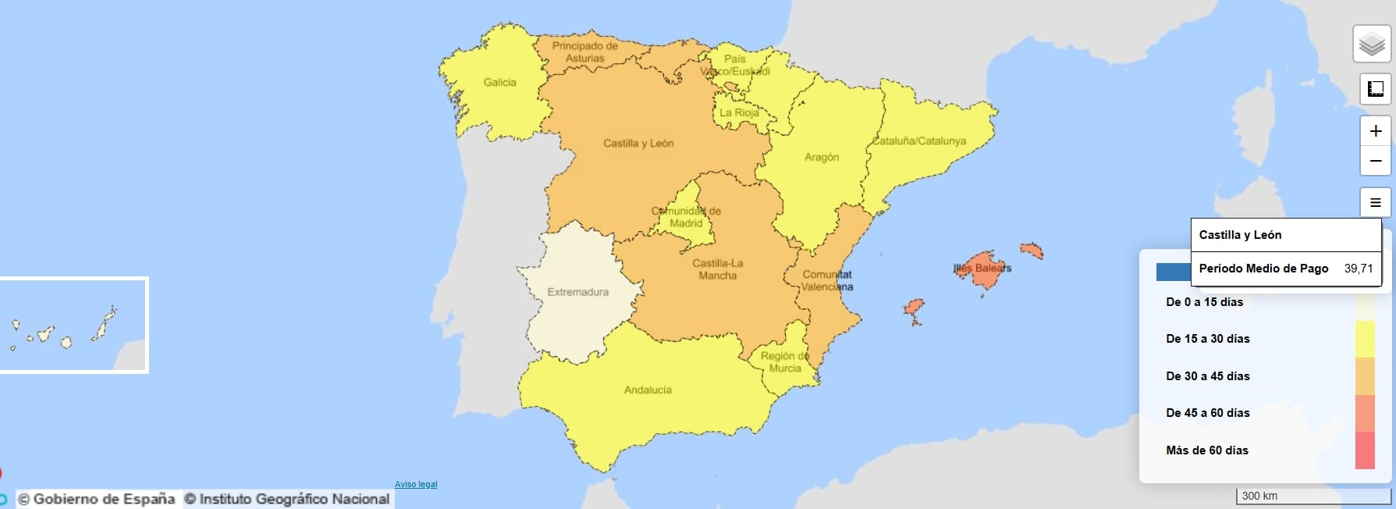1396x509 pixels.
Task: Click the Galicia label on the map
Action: tap(499, 82)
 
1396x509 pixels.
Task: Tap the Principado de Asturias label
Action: tap(584, 52)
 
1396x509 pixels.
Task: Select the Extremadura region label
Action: tap(577, 292)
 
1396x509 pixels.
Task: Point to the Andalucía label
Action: tap(648, 390)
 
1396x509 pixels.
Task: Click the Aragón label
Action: tap(822, 157)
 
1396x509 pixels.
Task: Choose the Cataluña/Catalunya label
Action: tap(919, 141)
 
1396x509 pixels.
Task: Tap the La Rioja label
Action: tap(738, 112)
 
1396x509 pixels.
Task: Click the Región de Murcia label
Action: tap(785, 362)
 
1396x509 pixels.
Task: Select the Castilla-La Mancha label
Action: tap(718, 269)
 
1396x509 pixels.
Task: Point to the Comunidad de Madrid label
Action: tap(686, 217)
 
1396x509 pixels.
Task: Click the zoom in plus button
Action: tap(1375, 131)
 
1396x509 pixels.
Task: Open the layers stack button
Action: tap(1372, 44)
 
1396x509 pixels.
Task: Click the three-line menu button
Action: tap(1375, 203)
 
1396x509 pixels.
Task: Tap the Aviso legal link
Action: tap(416, 484)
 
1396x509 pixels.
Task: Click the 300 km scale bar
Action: tap(1313, 496)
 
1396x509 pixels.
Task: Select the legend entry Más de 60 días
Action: tap(1206, 450)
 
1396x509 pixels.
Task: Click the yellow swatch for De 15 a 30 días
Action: tap(1365, 339)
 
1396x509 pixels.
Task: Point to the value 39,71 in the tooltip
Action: tap(1358, 269)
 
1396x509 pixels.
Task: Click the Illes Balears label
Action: tap(982, 268)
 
